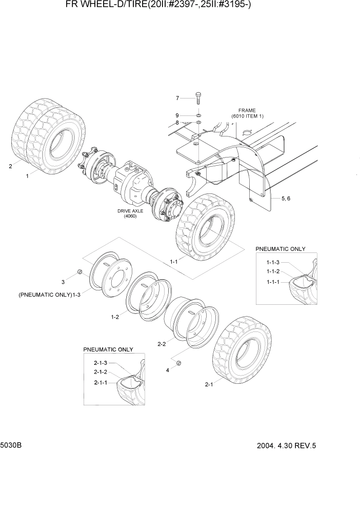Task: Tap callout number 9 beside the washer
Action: coord(177,115)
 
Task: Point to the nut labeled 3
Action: coord(79,271)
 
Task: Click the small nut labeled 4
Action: coord(179,363)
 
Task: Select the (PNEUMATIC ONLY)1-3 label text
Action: coord(50,295)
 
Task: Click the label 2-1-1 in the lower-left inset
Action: coord(100,382)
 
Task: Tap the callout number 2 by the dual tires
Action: coord(10,166)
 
